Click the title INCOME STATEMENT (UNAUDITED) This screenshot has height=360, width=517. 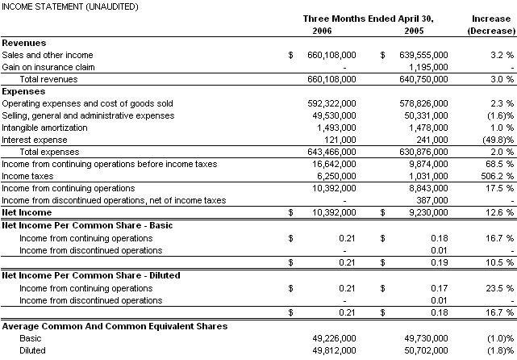point(58,6)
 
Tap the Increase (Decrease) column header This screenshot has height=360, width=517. point(490,24)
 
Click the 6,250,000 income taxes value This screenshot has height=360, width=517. point(336,176)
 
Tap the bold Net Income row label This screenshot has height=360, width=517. point(27,212)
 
